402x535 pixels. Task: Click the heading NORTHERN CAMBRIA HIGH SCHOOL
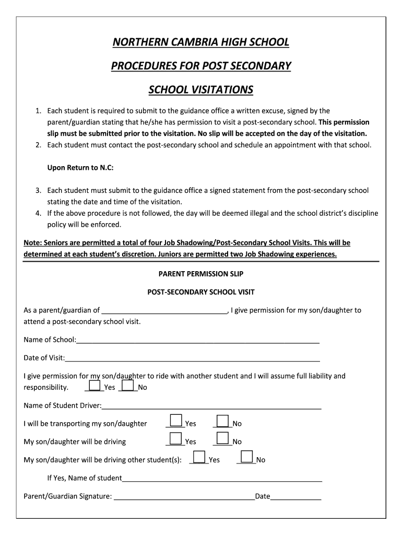pos(200,42)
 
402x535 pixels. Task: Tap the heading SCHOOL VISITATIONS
pos(200,90)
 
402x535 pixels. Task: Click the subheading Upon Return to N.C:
pos(80,168)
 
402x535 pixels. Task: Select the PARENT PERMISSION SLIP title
pos(200,274)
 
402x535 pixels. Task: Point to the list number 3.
pos(38,191)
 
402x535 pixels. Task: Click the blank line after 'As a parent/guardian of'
pos(164,310)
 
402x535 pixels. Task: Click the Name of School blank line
pos(198,340)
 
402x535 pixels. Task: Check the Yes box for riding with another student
pos(94,386)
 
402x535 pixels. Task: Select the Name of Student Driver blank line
pos(211,406)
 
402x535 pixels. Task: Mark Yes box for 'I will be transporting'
pos(176,421)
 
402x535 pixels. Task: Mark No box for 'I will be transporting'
pos(223,421)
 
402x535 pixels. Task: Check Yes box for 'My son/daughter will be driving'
pos(176,439)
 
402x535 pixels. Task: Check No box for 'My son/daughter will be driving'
pos(223,439)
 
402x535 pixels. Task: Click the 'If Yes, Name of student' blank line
pos(222,478)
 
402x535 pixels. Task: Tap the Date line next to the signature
pos(295,496)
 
